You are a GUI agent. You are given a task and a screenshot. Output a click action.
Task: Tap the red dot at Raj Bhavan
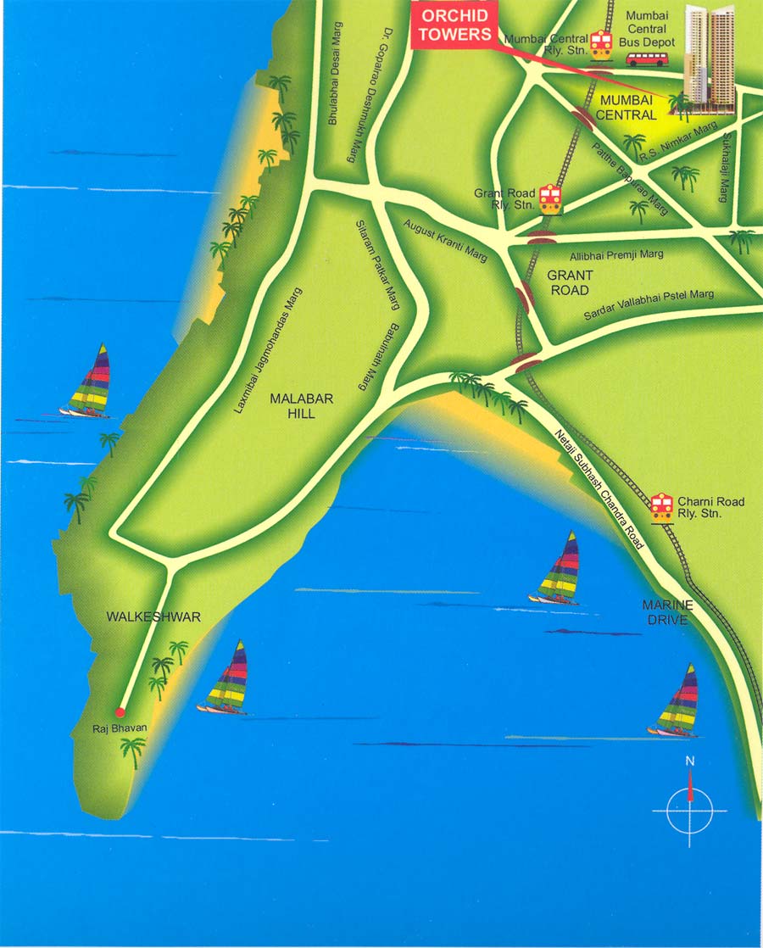pyautogui.click(x=120, y=712)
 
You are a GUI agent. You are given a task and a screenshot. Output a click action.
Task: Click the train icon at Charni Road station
pyautogui.click(x=662, y=507)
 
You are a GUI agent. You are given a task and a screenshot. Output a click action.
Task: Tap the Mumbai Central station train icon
pyautogui.click(x=601, y=44)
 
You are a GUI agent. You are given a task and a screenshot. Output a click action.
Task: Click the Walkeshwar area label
pyautogui.click(x=153, y=616)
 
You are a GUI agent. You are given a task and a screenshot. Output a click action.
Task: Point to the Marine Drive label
pyautogui.click(x=668, y=612)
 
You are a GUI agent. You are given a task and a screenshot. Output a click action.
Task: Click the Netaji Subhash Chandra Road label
pyautogui.click(x=599, y=489)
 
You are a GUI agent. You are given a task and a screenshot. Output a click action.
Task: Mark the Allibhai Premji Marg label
pyautogui.click(x=616, y=254)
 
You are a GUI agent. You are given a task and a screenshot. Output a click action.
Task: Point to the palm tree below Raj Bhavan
pyautogui.click(x=132, y=750)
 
